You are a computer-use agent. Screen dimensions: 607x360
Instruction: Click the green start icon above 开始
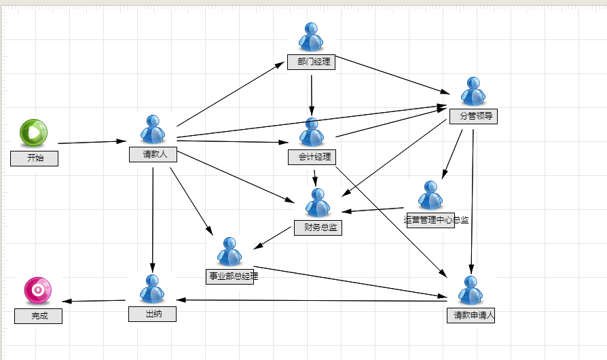click(34, 132)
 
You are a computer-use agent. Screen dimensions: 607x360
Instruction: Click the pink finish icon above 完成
click(38, 290)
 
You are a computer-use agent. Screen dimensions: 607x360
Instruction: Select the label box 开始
click(35, 159)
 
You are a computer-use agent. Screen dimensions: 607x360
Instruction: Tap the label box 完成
click(38, 317)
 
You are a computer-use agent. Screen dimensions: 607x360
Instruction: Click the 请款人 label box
click(153, 154)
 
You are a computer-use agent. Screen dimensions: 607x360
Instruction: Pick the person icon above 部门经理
click(311, 37)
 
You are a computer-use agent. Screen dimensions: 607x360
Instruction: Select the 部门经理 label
click(311, 62)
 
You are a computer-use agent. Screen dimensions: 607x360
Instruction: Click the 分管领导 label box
click(473, 117)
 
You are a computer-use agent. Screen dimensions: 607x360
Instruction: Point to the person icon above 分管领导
click(473, 91)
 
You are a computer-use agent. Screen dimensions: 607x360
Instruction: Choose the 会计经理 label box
click(312, 157)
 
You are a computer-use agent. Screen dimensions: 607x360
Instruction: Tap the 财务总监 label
click(318, 228)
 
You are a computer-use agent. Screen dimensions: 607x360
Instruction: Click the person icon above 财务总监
click(318, 203)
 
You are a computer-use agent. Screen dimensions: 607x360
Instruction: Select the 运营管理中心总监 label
click(437, 220)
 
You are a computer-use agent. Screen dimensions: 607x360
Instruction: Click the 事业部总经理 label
click(234, 276)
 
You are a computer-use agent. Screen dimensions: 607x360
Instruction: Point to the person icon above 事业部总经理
click(229, 252)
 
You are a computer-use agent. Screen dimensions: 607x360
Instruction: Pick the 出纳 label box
click(153, 314)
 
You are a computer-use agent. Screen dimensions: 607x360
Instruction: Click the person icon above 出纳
click(152, 289)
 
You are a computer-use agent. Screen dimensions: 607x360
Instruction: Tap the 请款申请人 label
click(471, 315)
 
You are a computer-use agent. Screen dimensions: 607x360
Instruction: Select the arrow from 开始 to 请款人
click(92, 142)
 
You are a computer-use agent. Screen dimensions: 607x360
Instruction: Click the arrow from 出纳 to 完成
click(94, 301)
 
